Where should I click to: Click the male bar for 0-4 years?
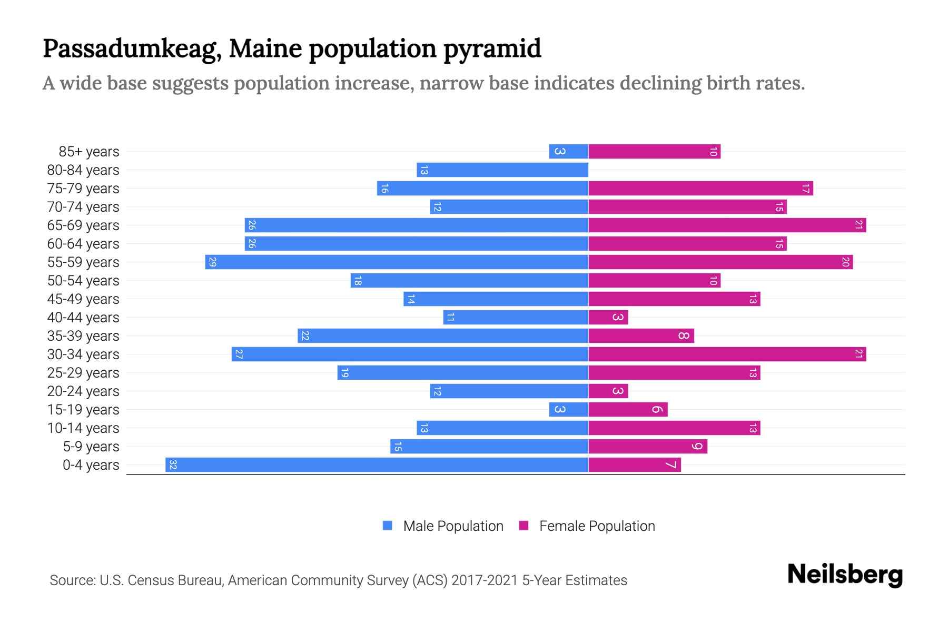point(377,465)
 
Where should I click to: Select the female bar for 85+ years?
point(654,152)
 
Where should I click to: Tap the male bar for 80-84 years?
point(502,170)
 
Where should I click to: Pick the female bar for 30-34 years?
point(727,354)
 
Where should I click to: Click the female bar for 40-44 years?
point(608,318)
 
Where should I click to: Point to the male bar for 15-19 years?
point(568,410)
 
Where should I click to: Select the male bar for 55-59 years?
point(397,262)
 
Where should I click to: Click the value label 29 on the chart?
point(212,262)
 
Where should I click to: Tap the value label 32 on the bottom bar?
point(173,465)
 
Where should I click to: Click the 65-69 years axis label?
point(83,225)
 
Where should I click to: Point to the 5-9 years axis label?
point(91,447)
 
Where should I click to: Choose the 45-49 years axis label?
point(83,299)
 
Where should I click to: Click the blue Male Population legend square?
point(388,526)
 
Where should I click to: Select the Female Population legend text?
point(597,526)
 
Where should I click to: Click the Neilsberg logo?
point(845,575)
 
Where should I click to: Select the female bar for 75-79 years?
point(700,189)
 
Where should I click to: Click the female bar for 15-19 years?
point(628,410)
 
